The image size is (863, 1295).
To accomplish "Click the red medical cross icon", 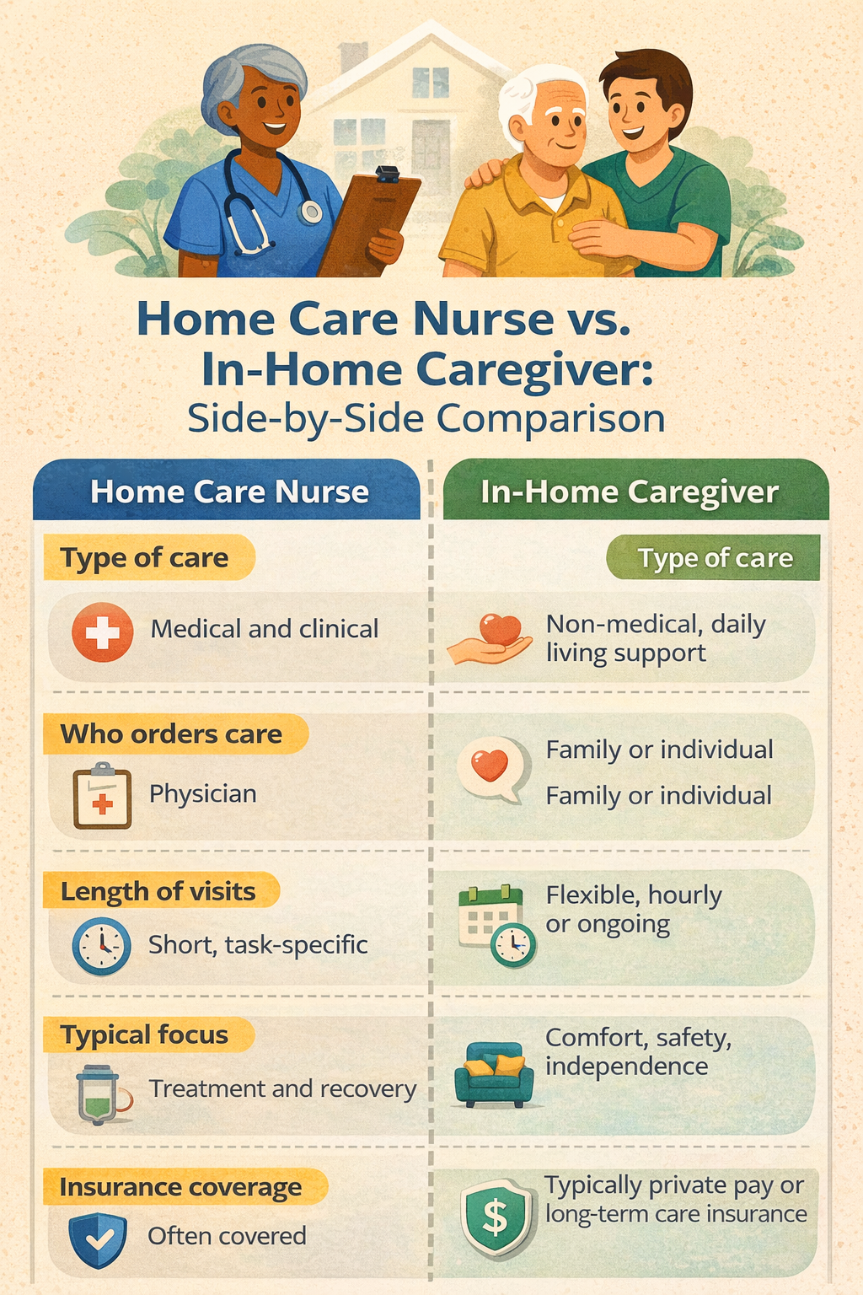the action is click(x=102, y=631).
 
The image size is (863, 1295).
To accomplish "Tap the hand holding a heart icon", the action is click(x=490, y=639).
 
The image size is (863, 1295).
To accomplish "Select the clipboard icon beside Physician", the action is click(x=102, y=796).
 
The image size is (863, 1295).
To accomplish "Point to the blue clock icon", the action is click(x=101, y=947).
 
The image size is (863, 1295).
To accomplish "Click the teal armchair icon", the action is click(x=494, y=1074).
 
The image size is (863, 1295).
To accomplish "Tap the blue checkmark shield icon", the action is click(x=98, y=1239).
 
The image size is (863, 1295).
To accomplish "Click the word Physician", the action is click(x=203, y=794).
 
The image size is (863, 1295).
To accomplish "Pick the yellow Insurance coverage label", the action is click(x=185, y=1187).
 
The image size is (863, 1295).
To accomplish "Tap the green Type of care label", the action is click(x=713, y=558).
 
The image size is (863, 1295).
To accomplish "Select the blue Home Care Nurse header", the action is click(x=227, y=490).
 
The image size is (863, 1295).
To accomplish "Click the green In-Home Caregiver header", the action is click(x=635, y=490).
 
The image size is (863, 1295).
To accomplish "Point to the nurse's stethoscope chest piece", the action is click(x=311, y=212).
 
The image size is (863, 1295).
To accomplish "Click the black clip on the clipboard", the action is click(x=388, y=174).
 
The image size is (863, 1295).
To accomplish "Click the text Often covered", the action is click(x=227, y=1237).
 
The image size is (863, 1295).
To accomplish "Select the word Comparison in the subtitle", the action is click(x=551, y=418).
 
